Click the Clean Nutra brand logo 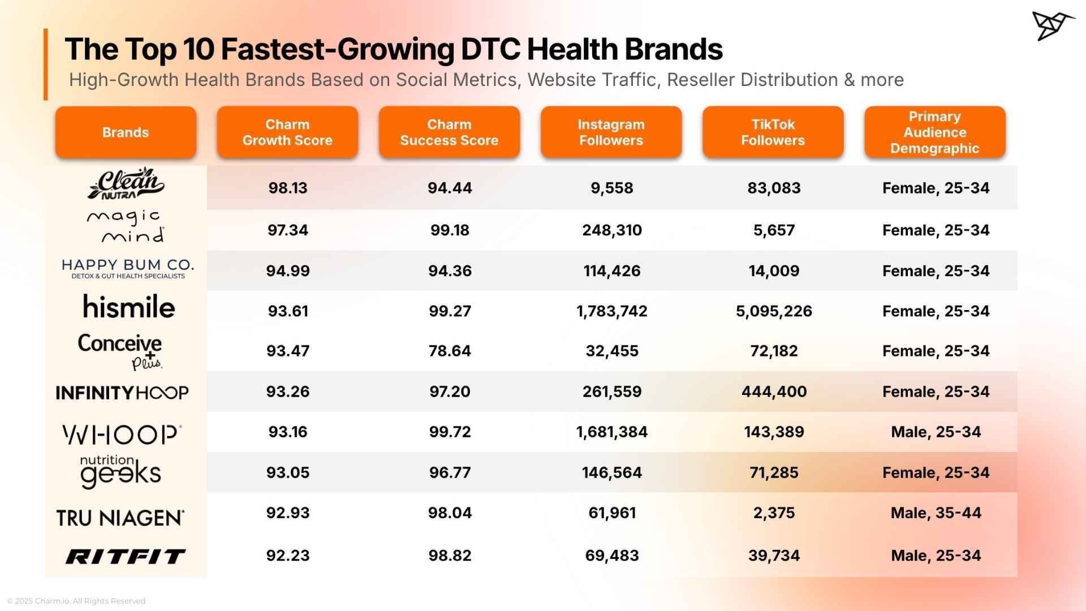[x=126, y=183]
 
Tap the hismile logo [x=129, y=307]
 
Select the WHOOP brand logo [x=122, y=434]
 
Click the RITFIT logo [x=125, y=556]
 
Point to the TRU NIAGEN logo [x=120, y=517]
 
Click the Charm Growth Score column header [x=287, y=132]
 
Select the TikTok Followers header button [x=773, y=132]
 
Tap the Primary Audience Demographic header [x=934, y=132]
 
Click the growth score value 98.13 [x=287, y=188]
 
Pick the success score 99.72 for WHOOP [x=450, y=432]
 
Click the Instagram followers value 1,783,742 [x=611, y=311]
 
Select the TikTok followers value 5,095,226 [x=773, y=311]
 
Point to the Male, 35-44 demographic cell [x=936, y=513]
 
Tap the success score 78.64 [x=450, y=351]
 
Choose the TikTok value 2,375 [x=773, y=513]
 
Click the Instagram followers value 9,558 [x=611, y=188]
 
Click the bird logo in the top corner [x=1052, y=25]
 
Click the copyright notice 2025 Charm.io [x=76, y=601]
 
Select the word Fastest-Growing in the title [x=337, y=49]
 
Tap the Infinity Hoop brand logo [x=122, y=393]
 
